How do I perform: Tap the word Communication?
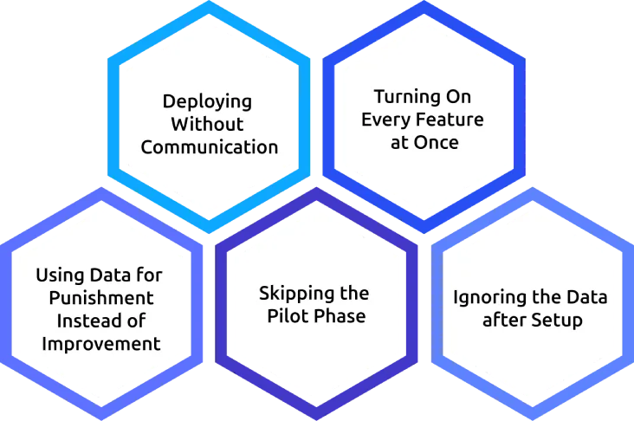coord(209,146)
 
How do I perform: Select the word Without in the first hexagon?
coord(209,123)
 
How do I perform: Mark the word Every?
coord(385,120)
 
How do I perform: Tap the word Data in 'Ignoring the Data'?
coord(586,298)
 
